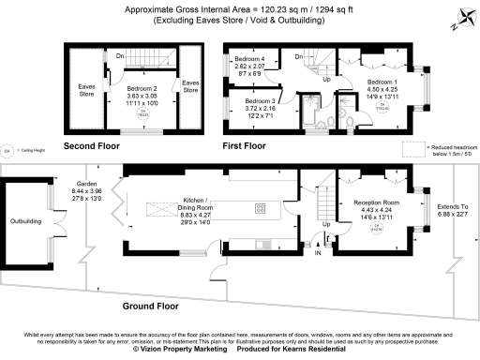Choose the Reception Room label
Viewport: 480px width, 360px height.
(377, 202)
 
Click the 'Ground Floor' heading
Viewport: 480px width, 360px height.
(150, 306)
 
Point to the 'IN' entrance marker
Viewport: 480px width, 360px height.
(318, 252)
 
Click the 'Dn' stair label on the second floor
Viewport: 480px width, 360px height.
(120, 54)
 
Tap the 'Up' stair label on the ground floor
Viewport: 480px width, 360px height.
(326, 225)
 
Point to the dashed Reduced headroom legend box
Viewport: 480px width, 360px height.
(412, 147)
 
